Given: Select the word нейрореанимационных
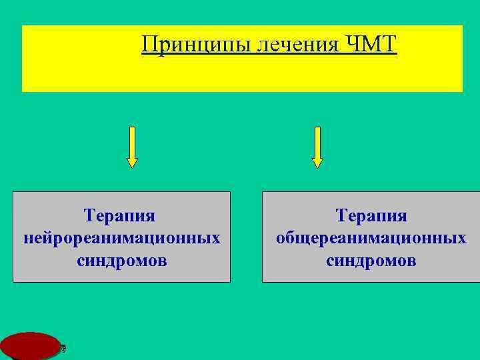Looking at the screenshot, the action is [121, 238].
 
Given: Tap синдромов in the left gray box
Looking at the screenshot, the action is [121, 260].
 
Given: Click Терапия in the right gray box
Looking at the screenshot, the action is [371, 216].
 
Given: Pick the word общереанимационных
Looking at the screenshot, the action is [371, 238].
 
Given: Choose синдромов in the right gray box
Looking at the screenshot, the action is [371, 260].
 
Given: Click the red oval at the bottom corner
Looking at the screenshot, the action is [29, 346].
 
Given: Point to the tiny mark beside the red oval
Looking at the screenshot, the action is [63, 347].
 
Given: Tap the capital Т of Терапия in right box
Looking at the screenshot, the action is [341, 216].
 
